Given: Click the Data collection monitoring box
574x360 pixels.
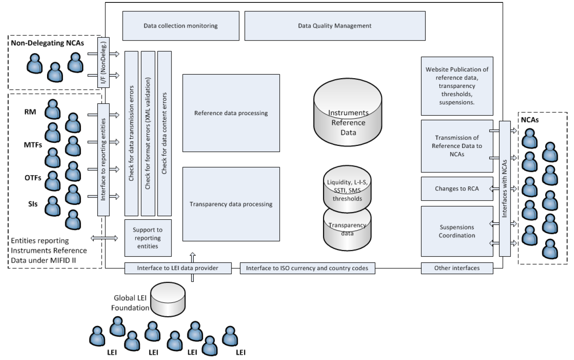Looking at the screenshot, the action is pos(181,26).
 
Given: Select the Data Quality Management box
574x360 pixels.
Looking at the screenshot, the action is pos(335,26).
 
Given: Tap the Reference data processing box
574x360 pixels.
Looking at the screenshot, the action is pos(231,113).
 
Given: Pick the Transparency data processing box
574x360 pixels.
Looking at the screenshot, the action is pos(231,204).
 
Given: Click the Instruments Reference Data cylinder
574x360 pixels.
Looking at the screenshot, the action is pos(348,112).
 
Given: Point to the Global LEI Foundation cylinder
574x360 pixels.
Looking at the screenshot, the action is pos(168,299).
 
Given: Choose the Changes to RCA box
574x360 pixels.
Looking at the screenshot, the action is pos(457,189).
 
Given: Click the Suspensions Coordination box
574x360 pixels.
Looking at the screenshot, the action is pos(457,231).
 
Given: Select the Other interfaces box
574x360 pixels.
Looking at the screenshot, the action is pos(457,268).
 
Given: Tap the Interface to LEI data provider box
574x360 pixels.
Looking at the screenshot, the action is pos(178,268).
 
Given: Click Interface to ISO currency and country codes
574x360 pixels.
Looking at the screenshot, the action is pos(307,268).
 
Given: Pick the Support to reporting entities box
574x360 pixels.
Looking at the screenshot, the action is pos(148,238).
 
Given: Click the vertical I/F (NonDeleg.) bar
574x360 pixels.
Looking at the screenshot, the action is pos(103,62).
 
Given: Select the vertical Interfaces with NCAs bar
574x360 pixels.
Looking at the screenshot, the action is pos(505,189).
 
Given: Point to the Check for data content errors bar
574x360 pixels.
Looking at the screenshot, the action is pos(164,133).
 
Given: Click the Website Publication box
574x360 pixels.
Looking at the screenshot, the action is pos(457,86).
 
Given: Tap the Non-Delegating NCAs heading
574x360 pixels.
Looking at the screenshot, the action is pos(47,43).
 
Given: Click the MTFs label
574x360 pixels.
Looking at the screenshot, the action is pos(33,145).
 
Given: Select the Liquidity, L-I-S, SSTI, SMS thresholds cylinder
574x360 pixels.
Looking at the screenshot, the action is pos(347,189).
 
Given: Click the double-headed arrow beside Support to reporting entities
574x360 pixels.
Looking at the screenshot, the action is pos(104,238).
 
